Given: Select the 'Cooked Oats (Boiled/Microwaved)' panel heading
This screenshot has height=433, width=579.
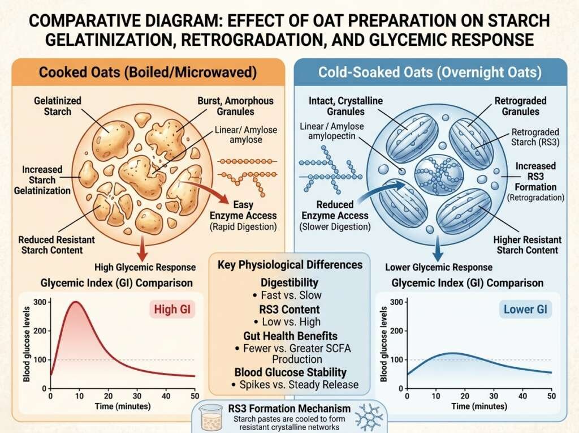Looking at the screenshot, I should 146,74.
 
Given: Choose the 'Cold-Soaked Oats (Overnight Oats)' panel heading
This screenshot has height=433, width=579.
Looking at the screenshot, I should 430,74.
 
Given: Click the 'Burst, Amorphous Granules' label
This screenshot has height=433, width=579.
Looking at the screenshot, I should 244,106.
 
